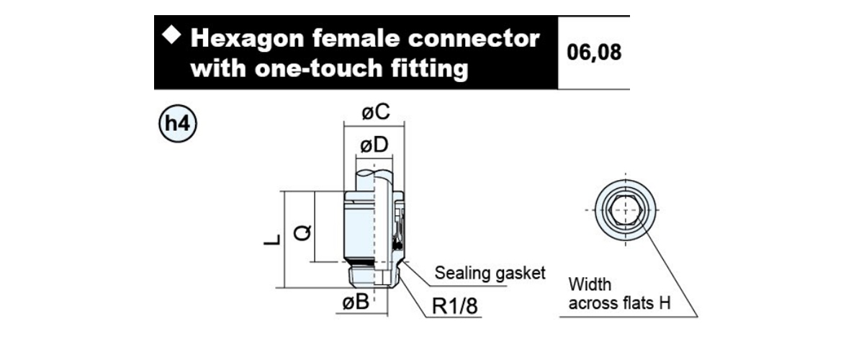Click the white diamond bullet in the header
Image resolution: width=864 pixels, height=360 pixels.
click(x=171, y=35)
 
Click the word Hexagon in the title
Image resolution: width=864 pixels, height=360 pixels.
click(x=247, y=40)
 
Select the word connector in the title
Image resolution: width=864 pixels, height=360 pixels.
click(x=474, y=39)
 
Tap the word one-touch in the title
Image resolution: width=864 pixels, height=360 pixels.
click(x=318, y=68)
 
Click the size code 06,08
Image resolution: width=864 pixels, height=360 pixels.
click(x=594, y=52)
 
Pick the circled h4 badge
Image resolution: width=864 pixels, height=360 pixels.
click(x=178, y=123)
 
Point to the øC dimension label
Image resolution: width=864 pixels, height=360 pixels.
click(x=376, y=112)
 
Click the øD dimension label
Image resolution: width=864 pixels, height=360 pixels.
click(x=374, y=145)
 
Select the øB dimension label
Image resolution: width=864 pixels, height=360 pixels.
click(x=356, y=302)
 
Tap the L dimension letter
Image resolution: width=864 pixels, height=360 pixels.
click(x=272, y=240)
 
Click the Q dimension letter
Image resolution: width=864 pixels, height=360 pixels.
click(x=302, y=233)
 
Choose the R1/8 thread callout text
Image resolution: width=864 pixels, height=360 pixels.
click(x=455, y=306)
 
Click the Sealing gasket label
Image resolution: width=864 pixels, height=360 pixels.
click(x=490, y=273)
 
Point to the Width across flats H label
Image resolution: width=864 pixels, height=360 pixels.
click(x=619, y=294)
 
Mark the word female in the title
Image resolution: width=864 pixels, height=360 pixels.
click(x=356, y=39)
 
